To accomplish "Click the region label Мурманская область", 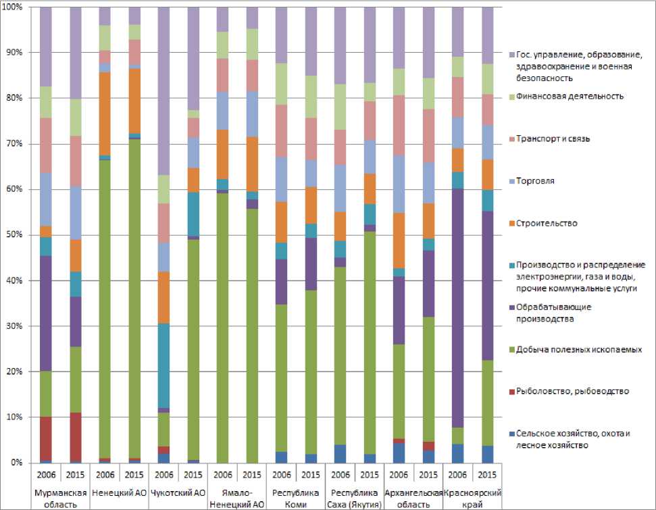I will tap(59, 499).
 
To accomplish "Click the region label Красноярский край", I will tap(474, 499).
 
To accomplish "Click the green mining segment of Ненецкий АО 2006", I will tap(104, 270).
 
